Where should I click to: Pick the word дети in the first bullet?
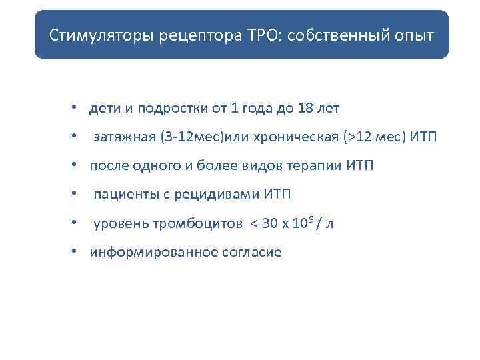pos(104,108)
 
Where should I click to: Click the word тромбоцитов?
pos(205,224)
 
